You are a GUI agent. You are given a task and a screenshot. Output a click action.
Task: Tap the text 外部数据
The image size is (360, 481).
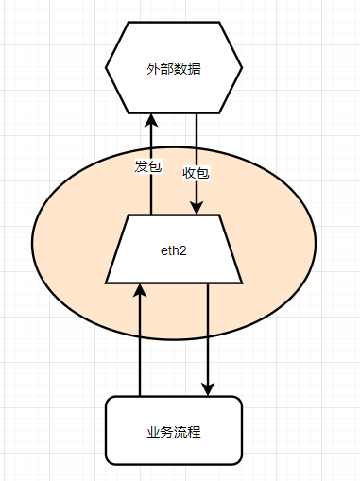174,69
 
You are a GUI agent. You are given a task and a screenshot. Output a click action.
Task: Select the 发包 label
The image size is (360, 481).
148,167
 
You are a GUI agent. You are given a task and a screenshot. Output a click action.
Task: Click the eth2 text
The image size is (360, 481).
174,249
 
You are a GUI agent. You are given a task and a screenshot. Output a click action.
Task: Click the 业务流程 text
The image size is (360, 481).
174,432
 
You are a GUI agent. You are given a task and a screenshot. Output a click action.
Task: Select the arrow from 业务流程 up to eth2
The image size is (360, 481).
140,350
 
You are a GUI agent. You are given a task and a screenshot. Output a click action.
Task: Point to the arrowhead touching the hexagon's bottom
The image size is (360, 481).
151,120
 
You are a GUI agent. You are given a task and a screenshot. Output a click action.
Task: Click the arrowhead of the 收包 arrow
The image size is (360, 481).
196,208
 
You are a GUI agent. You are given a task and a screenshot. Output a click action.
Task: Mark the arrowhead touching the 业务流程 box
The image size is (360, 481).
208,388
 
